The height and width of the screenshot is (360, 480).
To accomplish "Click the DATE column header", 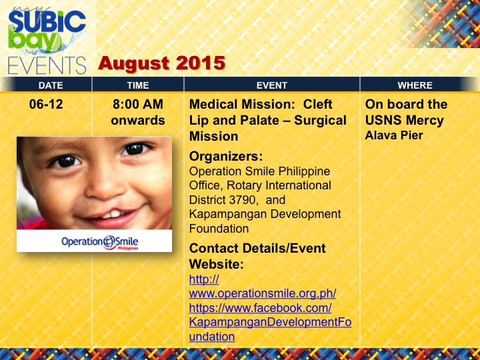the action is pyautogui.click(x=51, y=85).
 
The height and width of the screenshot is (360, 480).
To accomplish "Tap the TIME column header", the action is pyautogui.click(x=138, y=85).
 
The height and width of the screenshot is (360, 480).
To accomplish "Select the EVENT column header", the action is pyautogui.click(x=271, y=85).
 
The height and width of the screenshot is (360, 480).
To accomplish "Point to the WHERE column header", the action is pyautogui.click(x=415, y=85).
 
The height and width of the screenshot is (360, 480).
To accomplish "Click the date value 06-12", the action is pyautogui.click(x=46, y=105).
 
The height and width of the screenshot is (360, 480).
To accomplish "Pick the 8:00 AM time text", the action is pyautogui.click(x=138, y=105).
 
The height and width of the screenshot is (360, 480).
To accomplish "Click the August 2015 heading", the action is pyautogui.click(x=161, y=63).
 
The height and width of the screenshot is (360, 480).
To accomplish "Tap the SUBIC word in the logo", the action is pyautogui.click(x=47, y=22).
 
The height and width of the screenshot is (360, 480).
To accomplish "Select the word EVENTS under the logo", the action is pyautogui.click(x=47, y=65).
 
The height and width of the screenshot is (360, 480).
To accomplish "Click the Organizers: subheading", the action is pyautogui.click(x=226, y=157).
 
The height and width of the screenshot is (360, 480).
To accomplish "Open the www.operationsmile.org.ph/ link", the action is pyautogui.click(x=263, y=293).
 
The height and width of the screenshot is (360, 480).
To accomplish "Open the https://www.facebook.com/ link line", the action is pyautogui.click(x=260, y=308).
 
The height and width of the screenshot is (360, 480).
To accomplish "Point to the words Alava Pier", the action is pyautogui.click(x=394, y=135).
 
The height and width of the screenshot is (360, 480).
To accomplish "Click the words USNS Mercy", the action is pyautogui.click(x=405, y=120).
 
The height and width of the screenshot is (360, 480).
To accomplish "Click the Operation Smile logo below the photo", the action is pyautogui.click(x=100, y=242).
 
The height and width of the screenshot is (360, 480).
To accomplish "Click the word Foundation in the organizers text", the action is pyautogui.click(x=219, y=229).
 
